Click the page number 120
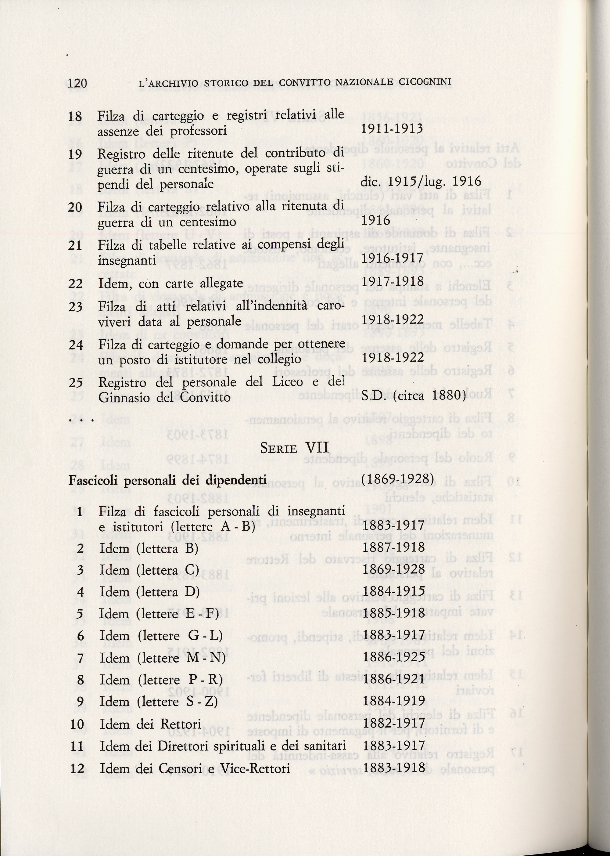(x=78, y=82)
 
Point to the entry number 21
(x=75, y=245)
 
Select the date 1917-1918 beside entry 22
(x=392, y=281)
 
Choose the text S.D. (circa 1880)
(x=413, y=396)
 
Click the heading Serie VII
(x=295, y=448)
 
